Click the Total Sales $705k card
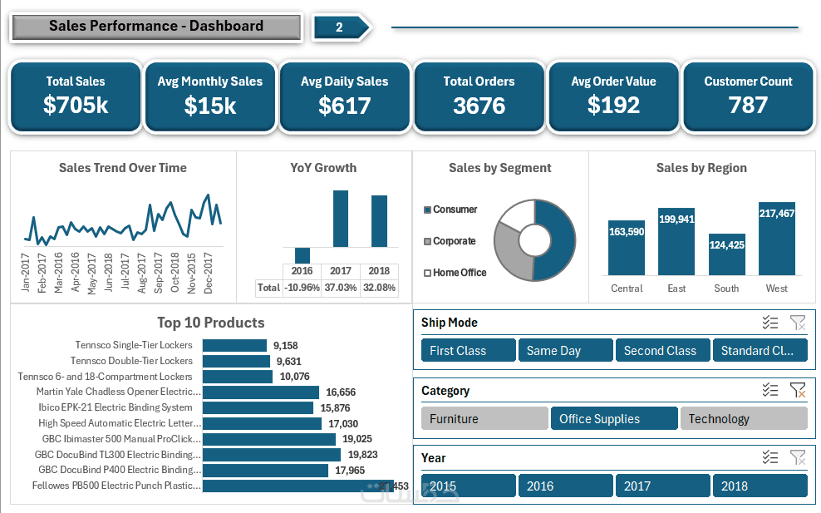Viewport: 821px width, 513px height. tap(76, 96)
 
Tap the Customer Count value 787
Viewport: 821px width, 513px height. tap(748, 106)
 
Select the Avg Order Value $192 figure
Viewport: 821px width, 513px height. tap(613, 106)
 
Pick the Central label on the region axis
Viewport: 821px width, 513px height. tap(627, 289)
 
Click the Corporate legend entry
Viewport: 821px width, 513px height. tap(454, 241)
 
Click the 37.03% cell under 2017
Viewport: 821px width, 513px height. tap(341, 288)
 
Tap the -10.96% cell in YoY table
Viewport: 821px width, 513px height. tap(302, 288)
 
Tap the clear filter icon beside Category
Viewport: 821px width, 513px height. tap(798, 390)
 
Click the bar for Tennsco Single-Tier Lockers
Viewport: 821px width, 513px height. tap(234, 345)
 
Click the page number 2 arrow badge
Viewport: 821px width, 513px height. tap(340, 27)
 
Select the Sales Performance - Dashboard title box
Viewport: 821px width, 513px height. tap(156, 27)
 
